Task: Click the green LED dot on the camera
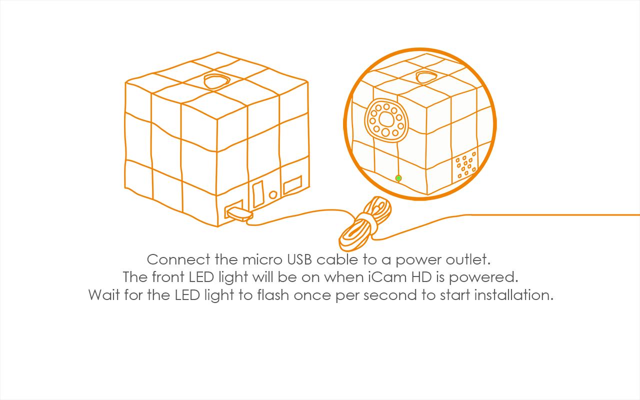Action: tap(398, 178)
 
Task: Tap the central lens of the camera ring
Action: tap(386, 119)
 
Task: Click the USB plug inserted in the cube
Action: tap(239, 213)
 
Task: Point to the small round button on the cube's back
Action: tap(273, 195)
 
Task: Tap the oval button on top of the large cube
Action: tap(217, 81)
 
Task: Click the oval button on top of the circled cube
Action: tap(426, 77)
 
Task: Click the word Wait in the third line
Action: tap(103, 295)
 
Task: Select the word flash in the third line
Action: tap(273, 294)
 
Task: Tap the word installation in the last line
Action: tap(513, 294)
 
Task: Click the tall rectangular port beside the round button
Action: tap(258, 194)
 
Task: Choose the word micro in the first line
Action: tap(262, 259)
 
